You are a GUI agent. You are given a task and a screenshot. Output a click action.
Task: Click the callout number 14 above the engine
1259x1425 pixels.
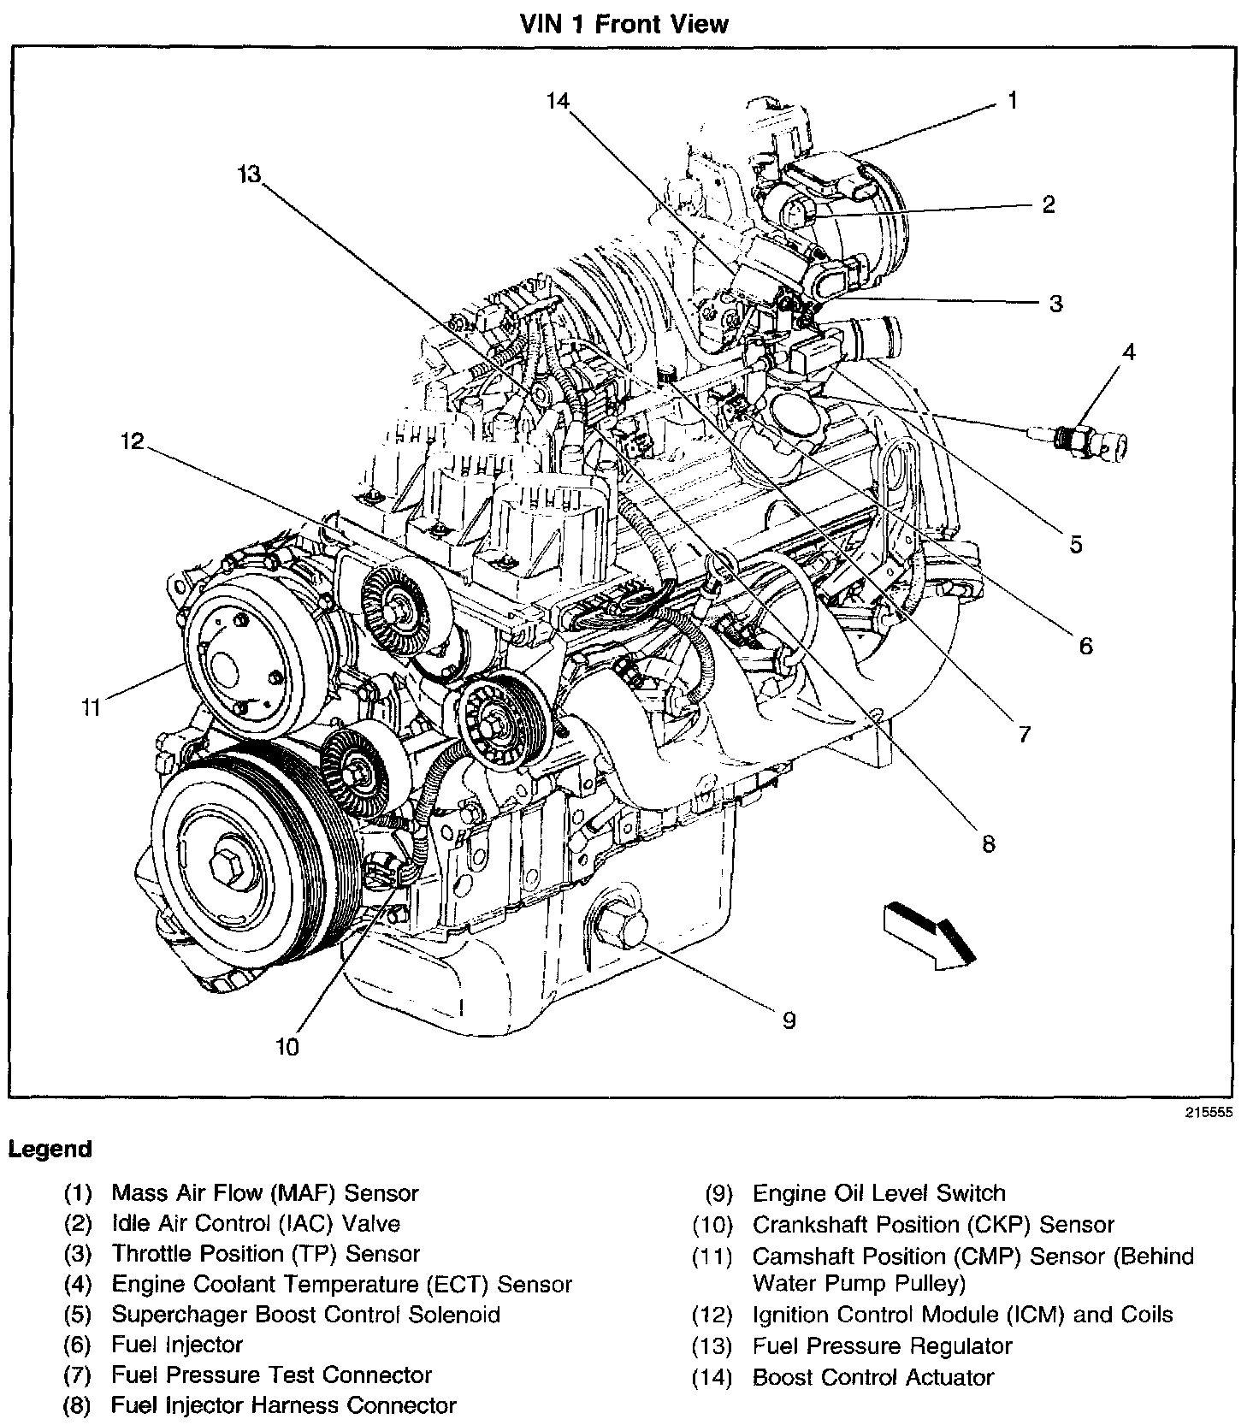click(558, 101)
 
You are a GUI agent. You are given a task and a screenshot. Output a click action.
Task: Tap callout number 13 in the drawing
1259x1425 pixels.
click(249, 174)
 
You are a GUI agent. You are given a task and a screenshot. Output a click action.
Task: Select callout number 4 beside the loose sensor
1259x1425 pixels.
click(1129, 352)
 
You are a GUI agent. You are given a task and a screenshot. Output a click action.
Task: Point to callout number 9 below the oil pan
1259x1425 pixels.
click(789, 1020)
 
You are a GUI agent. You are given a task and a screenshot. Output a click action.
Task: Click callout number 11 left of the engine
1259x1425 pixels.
click(92, 707)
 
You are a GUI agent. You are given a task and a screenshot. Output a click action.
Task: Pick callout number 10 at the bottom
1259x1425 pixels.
click(288, 1046)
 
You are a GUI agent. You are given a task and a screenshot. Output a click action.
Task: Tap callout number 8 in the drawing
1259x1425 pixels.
click(989, 844)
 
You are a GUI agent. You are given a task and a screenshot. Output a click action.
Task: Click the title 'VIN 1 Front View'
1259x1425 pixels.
click(624, 23)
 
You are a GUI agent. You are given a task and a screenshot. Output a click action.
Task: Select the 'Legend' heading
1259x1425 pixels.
click(50, 1149)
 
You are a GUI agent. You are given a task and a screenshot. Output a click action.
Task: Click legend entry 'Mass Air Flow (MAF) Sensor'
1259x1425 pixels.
click(265, 1192)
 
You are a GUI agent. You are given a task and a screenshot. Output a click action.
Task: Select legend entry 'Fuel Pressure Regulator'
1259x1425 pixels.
click(882, 1346)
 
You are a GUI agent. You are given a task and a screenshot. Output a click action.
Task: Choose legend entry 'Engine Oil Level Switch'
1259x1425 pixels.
click(878, 1193)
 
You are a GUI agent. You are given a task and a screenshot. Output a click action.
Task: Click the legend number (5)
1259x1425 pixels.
click(78, 1315)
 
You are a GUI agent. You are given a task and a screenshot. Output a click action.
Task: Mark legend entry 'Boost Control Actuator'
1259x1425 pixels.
click(872, 1377)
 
